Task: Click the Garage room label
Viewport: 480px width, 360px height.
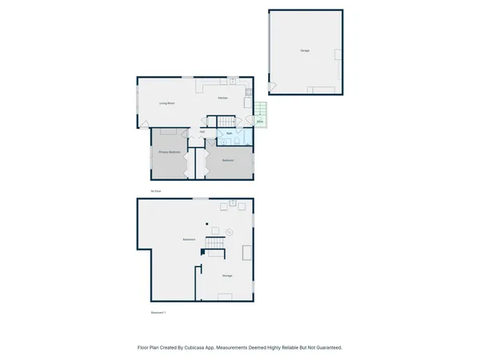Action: click(305, 50)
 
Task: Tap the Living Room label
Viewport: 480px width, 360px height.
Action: click(167, 103)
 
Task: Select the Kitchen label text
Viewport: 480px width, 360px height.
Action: click(224, 98)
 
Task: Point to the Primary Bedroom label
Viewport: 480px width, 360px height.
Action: click(169, 151)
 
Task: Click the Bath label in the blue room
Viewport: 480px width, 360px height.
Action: click(230, 133)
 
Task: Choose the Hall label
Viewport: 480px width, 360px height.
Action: click(202, 132)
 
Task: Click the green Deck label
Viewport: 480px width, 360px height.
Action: click(260, 121)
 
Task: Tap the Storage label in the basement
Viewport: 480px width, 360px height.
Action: click(227, 276)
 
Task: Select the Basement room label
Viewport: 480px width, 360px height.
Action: click(190, 240)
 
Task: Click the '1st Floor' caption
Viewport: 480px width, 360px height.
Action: click(155, 191)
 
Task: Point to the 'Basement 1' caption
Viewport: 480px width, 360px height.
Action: click(158, 312)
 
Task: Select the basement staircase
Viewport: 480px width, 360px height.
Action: click(214, 245)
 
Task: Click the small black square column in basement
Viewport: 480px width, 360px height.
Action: click(206, 224)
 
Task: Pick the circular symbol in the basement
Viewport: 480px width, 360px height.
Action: click(230, 232)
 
